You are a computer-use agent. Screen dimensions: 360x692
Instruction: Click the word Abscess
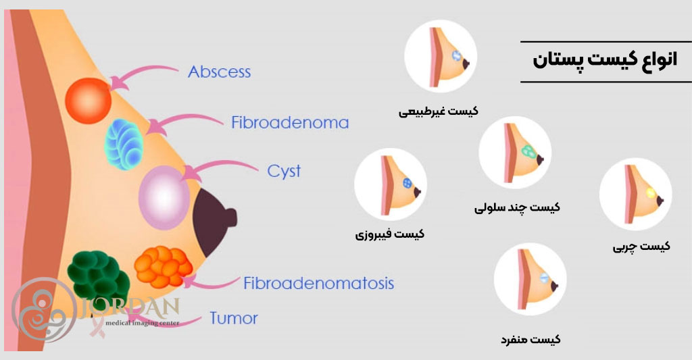tap(220, 71)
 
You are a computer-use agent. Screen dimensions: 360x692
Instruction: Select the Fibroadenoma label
tap(290, 123)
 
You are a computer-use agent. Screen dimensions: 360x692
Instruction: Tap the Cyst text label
tap(284, 171)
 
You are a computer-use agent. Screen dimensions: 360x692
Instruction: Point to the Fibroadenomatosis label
tap(318, 282)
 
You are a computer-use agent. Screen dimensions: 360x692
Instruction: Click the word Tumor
tap(233, 317)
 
